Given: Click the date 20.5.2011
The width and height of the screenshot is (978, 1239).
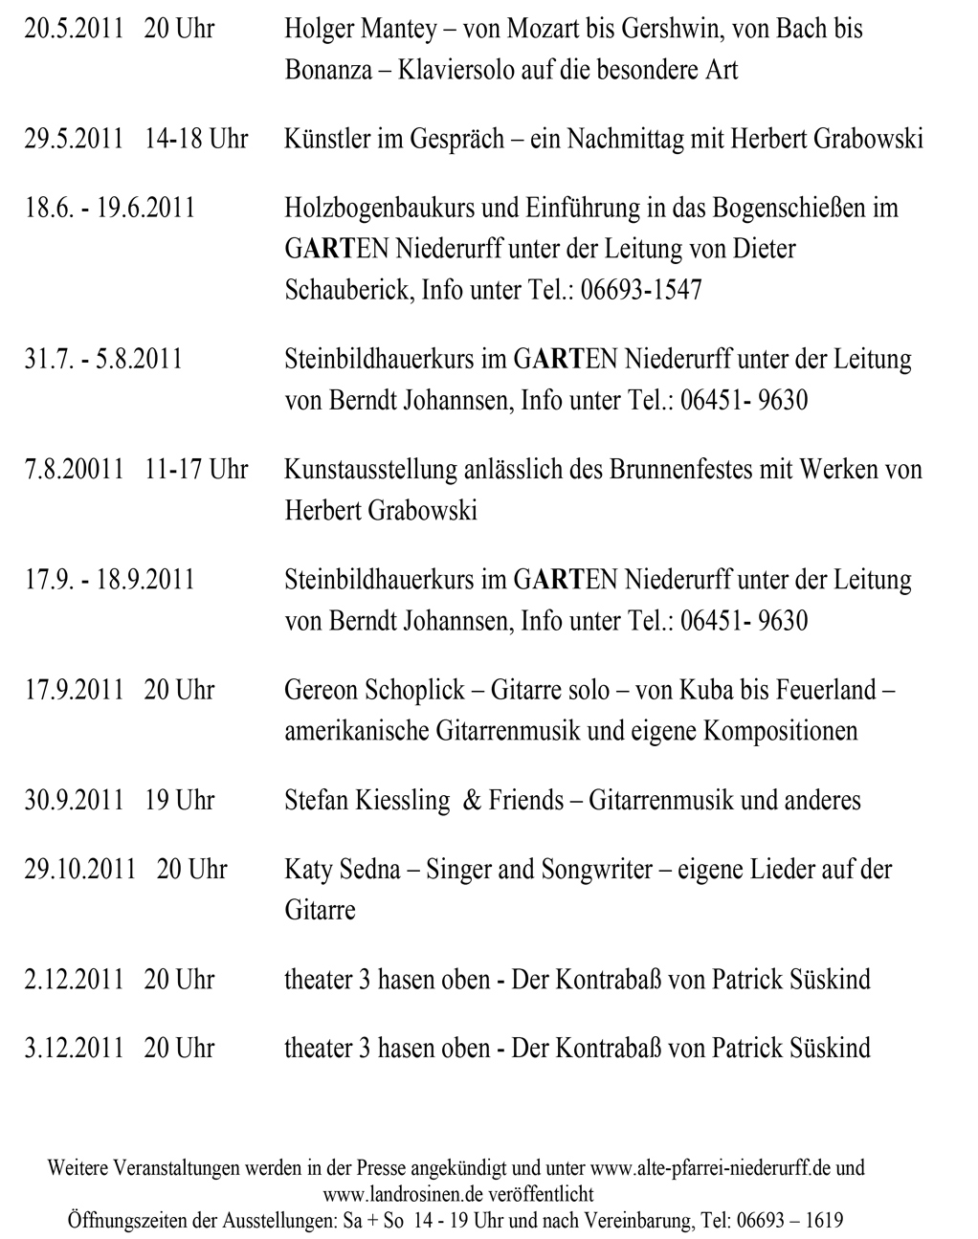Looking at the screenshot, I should (74, 29).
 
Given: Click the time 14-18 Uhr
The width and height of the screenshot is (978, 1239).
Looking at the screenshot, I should (196, 139).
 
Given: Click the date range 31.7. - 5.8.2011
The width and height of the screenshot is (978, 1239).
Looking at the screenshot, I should (103, 359).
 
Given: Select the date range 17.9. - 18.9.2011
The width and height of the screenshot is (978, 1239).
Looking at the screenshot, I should (109, 580).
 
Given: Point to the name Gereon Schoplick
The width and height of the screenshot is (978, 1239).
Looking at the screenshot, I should (374, 690).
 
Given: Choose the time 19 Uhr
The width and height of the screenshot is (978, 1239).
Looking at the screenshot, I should (179, 800).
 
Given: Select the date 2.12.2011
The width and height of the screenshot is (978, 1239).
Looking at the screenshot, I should (74, 979).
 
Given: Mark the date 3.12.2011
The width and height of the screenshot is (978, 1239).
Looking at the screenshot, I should (74, 1048).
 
